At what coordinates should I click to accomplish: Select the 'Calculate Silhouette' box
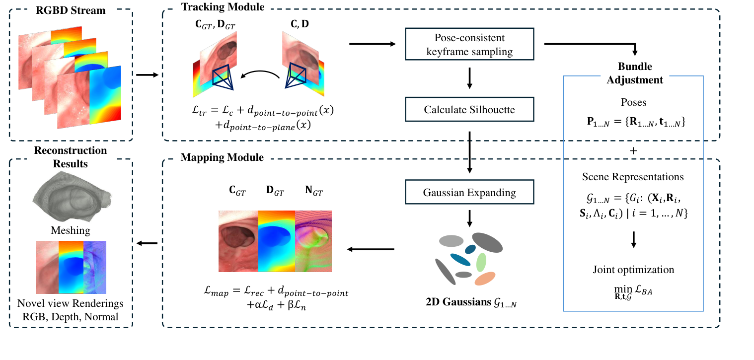coord(469,110)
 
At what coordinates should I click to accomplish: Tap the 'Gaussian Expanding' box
coord(469,192)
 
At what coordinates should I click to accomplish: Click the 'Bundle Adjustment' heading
coord(634,73)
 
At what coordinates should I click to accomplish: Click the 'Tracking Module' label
coord(223,7)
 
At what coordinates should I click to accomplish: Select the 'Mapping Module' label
coord(222,157)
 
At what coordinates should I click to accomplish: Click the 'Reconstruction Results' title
coord(70,157)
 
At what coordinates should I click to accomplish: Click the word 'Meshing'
coord(71,230)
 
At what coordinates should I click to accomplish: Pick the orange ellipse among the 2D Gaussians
coord(485,279)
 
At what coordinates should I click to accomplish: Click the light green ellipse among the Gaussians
coord(481,262)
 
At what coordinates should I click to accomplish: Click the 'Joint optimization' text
coord(633,270)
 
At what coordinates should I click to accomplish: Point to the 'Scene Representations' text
coord(633,177)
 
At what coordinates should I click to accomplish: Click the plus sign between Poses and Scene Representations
coord(633,150)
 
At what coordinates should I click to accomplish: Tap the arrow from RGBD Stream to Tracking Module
coord(147,75)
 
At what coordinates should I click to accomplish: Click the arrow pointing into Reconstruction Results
coord(147,243)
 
